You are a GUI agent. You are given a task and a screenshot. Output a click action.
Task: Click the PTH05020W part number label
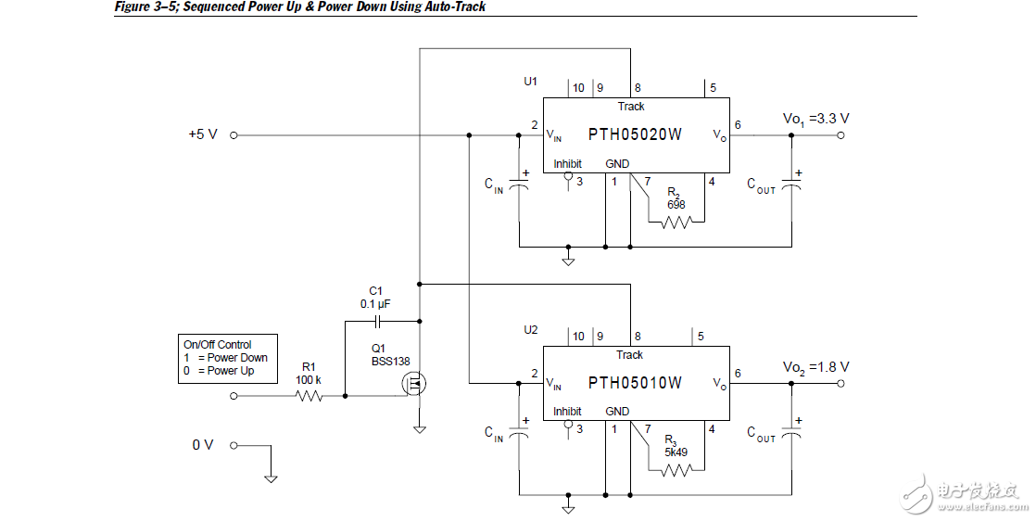tap(635, 134)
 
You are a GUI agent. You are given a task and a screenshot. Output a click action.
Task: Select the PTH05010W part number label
tap(635, 383)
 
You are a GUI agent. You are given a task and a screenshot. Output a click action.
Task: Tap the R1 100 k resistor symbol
tap(309, 396)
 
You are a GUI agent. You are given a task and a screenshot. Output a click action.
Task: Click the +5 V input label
tap(203, 134)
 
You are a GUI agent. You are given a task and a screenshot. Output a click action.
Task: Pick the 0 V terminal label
tap(203, 445)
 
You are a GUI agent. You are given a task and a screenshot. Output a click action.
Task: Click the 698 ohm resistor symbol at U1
tap(677, 223)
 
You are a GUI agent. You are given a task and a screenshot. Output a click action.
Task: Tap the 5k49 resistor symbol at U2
tap(677, 470)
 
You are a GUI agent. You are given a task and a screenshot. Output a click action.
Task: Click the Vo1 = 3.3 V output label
tap(816, 119)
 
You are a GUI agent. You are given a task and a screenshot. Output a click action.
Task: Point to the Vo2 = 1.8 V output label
tap(816, 367)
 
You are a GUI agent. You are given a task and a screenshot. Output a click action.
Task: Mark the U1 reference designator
tap(530, 82)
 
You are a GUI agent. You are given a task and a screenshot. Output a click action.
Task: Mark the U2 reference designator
tap(530, 330)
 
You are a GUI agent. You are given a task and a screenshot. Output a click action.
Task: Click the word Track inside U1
tap(631, 107)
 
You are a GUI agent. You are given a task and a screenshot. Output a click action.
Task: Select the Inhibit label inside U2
tap(567, 412)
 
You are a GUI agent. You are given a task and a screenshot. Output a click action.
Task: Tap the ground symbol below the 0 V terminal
tap(271, 478)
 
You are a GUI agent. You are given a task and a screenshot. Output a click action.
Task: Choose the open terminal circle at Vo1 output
tap(841, 135)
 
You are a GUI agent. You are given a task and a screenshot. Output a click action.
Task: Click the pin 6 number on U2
tap(738, 373)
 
